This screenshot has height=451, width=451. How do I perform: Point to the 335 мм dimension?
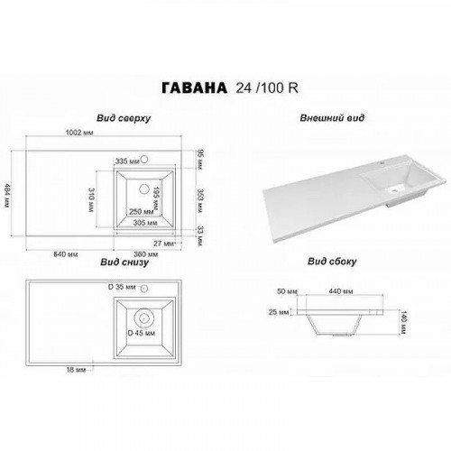(x=132, y=161)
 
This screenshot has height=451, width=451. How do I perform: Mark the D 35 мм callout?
(x=122, y=286)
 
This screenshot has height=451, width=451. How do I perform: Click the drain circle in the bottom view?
(x=144, y=318)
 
